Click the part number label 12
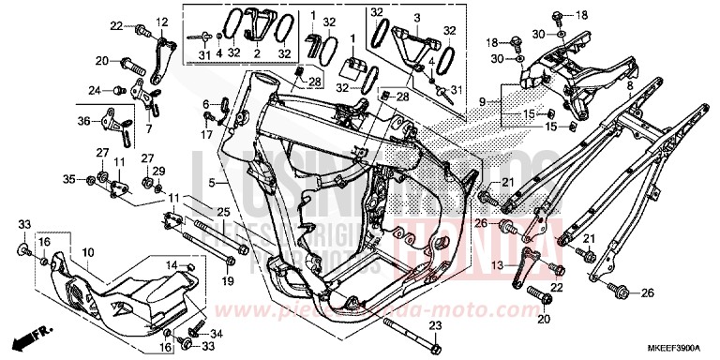162,21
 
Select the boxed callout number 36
83,122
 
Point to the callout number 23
434,325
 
